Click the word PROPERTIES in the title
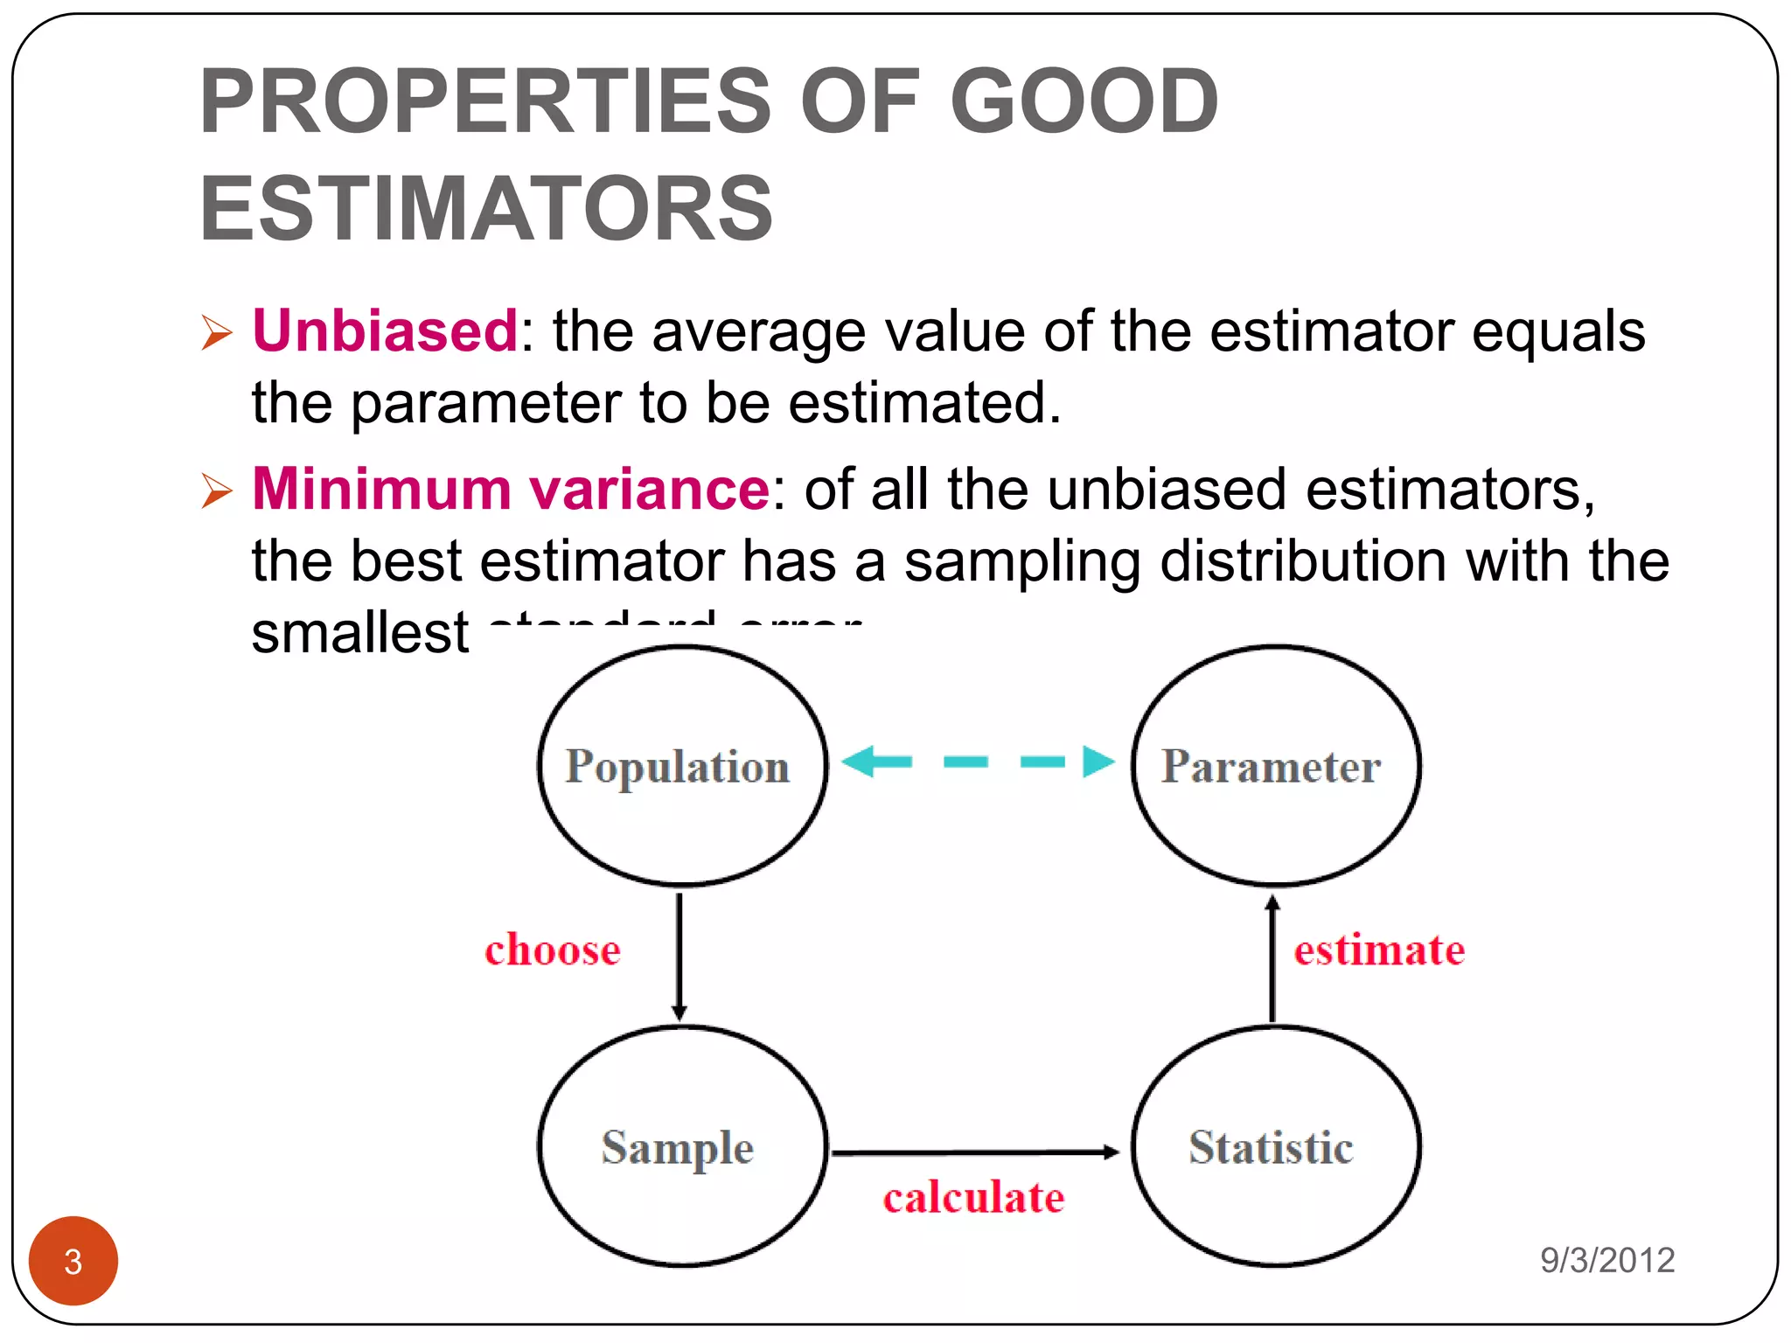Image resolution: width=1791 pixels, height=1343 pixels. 485,101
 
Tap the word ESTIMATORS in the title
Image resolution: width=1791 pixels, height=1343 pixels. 486,209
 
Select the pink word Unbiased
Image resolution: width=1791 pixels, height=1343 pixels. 385,331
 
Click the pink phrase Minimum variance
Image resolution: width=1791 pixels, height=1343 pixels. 510,489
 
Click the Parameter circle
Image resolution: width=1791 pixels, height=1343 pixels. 1274,766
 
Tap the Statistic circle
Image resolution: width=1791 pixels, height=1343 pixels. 1274,1146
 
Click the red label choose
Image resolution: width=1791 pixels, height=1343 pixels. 553,950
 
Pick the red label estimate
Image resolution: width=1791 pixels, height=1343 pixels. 1379,950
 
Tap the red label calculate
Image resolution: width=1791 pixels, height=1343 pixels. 973,1198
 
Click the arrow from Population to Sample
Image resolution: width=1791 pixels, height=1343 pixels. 679,956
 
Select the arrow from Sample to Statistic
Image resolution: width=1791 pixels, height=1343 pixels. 974,1152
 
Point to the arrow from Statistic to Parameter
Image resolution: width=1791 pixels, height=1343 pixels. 1272,958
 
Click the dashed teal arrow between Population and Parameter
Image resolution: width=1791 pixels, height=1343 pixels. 978,762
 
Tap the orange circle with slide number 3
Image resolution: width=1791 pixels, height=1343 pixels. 73,1261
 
